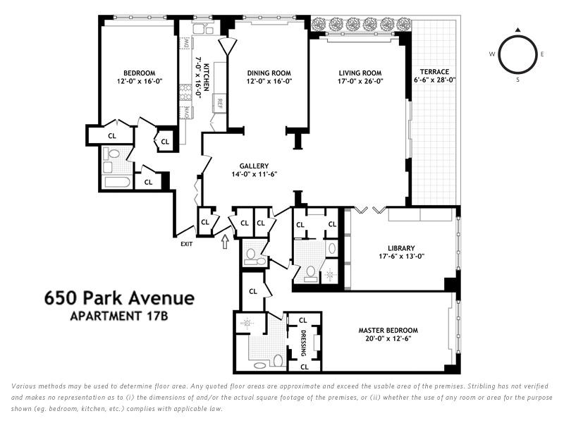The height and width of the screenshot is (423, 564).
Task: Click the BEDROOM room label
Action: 134,73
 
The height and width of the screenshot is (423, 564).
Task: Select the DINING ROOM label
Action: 269,73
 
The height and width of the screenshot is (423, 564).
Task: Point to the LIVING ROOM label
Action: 360,73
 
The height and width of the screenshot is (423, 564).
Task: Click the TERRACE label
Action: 434,71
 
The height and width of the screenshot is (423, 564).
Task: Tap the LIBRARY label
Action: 400,247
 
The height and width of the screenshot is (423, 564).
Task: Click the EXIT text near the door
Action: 186,244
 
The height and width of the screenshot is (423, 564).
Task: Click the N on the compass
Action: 518,30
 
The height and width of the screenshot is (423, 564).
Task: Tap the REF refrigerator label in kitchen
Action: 220,103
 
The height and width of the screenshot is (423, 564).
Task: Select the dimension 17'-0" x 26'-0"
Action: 360,81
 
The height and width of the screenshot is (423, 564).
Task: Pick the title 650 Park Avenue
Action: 119,298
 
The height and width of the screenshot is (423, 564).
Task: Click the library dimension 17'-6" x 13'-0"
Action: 400,257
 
